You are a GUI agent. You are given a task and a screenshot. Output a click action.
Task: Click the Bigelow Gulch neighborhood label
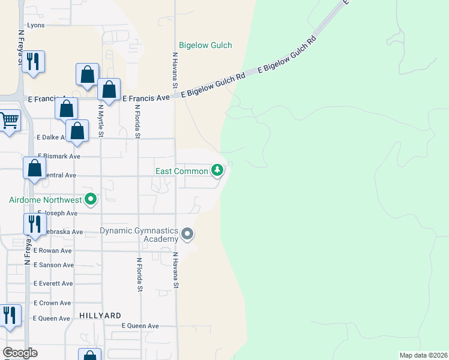point(205,45)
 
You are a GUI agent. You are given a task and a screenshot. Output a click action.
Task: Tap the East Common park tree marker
point(217,171)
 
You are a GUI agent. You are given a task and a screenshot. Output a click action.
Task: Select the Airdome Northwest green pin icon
point(91,199)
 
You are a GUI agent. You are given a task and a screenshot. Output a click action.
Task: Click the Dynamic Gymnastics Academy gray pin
point(187,234)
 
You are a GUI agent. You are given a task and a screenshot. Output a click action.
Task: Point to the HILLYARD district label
point(100,315)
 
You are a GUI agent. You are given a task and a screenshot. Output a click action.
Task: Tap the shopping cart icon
point(9,121)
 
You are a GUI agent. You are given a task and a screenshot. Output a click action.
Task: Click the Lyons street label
point(36,25)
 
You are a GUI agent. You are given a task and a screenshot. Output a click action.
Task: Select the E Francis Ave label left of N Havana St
point(146,98)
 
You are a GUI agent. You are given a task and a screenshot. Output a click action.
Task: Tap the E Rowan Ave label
point(53,250)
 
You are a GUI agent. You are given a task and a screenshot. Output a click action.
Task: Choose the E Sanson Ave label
point(53,265)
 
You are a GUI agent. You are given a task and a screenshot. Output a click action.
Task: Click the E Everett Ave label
point(53,283)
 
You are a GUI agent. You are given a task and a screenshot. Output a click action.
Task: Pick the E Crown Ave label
point(52,303)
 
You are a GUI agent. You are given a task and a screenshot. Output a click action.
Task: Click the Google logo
point(20,353)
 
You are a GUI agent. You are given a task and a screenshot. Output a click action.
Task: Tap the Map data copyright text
point(423,355)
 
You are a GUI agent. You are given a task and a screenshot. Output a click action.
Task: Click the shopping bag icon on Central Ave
point(34,167)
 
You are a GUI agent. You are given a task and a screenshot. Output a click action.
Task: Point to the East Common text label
point(181,171)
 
